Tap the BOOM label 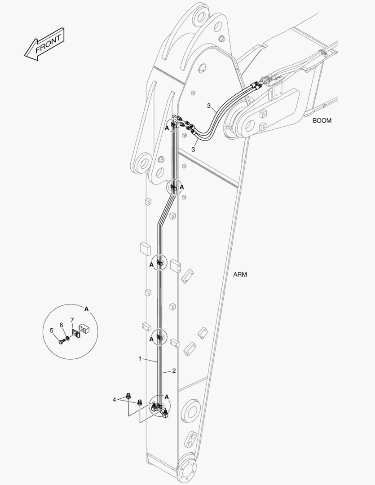(322, 121)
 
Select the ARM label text (240, 274)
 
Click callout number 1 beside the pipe (140, 359)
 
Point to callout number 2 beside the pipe (174, 370)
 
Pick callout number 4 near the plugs (114, 400)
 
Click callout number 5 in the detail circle (51, 331)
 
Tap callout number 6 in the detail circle (61, 325)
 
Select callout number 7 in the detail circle (72, 320)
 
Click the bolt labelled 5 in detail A (61, 341)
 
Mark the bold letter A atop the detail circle (86, 309)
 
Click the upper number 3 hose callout (209, 106)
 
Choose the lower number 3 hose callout (193, 150)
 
